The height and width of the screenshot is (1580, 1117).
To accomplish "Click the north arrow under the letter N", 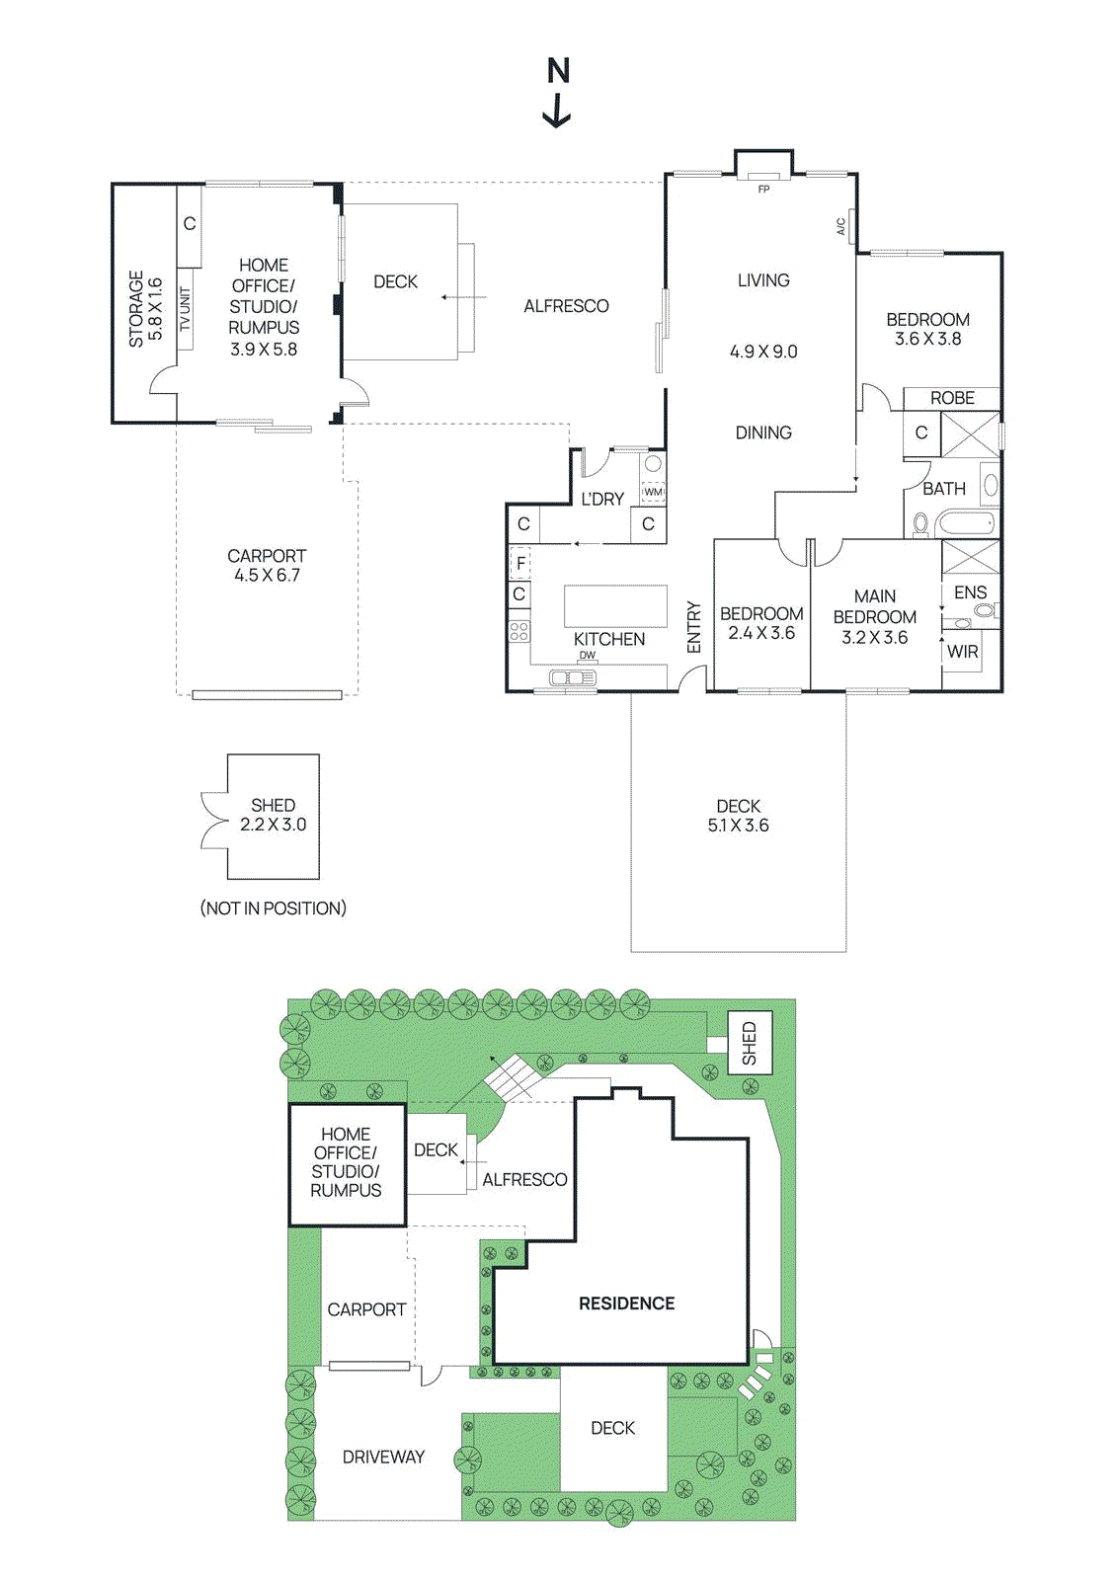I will click(x=558, y=111).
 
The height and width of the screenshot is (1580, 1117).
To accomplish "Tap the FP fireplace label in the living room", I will click(x=763, y=189).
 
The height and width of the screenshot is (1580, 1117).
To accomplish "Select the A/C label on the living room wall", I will click(x=841, y=226).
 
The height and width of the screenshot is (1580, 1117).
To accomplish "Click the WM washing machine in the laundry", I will click(x=653, y=491).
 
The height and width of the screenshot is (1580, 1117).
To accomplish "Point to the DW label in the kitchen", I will click(x=588, y=656).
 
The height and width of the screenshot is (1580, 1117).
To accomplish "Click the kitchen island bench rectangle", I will click(x=615, y=606).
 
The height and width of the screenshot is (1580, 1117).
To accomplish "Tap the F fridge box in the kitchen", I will click(x=520, y=563).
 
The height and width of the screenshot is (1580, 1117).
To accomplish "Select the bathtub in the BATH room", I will click(x=968, y=523).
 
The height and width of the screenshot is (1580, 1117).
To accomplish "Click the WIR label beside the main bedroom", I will click(x=962, y=652).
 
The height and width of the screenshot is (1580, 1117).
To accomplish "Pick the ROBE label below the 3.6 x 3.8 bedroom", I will click(x=952, y=398).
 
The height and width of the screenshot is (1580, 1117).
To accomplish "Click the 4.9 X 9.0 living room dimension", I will click(x=763, y=352).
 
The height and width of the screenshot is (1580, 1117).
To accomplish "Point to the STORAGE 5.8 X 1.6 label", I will click(x=145, y=308).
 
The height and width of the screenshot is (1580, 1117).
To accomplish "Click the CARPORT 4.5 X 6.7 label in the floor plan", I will click(x=267, y=565).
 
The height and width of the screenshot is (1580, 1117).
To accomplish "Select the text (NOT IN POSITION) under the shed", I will click(x=274, y=908).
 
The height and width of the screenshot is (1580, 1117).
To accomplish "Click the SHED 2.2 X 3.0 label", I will click(x=274, y=815).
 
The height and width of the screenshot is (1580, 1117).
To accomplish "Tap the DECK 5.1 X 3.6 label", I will click(x=738, y=816).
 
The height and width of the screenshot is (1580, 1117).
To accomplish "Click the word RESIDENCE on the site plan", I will click(x=626, y=1303).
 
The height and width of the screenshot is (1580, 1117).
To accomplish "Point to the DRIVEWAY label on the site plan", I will click(x=383, y=1457).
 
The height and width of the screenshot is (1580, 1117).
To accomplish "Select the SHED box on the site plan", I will click(x=749, y=1043).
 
